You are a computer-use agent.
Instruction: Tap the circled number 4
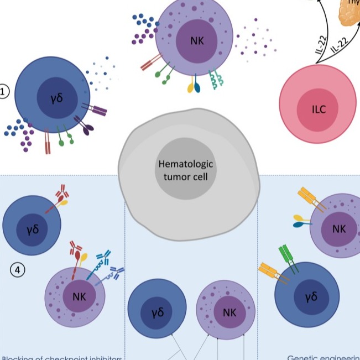(x=18, y=270)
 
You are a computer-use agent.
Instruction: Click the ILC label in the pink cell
(x=319, y=109)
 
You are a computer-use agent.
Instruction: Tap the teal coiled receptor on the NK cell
(x=215, y=82)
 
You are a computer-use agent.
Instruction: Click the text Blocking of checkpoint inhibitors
(x=61, y=356)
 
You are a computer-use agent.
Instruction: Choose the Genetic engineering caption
(x=324, y=356)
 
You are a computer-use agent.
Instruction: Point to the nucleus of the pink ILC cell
(x=319, y=109)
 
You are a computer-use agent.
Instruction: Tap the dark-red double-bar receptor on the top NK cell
(x=150, y=65)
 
